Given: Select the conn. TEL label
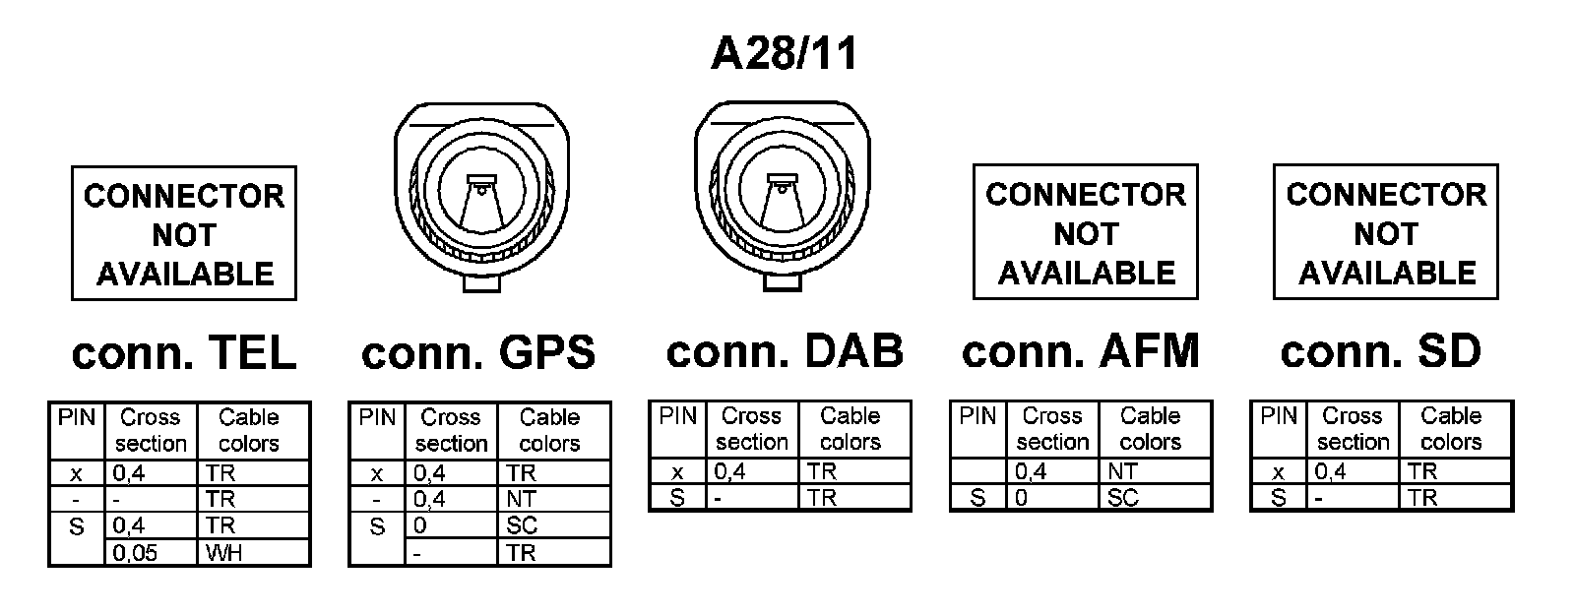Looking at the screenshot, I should coord(184,353).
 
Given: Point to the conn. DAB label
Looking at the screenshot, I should coord(785,351).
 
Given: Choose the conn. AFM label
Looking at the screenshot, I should coord(1081,351).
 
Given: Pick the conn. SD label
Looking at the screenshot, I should coord(1380,351).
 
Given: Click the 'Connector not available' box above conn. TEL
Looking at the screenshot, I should coord(184,233).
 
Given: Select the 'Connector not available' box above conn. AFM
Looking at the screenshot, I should coord(1085,232).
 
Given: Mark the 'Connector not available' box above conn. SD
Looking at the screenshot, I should coord(1385,232).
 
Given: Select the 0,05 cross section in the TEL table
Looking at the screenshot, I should coord(135,553).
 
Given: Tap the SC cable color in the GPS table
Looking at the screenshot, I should coord(522,525).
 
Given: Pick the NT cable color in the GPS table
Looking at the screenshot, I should coord(522,499).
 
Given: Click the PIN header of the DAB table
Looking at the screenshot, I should coord(677,416).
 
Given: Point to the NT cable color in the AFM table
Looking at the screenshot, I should coord(1122,471).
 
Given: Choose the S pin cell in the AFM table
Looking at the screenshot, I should coord(977,498).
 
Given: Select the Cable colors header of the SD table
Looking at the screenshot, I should coord(1451,429).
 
